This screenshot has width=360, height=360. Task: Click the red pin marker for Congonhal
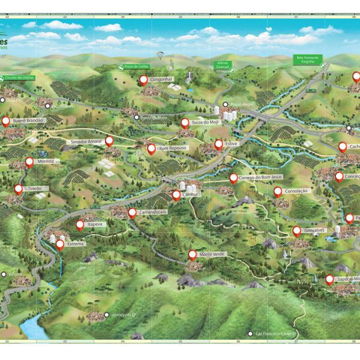click(143, 79)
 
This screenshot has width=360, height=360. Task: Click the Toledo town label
click(35, 188)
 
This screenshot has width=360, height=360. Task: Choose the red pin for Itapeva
click(80, 224)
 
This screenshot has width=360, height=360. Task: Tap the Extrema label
click(76, 244)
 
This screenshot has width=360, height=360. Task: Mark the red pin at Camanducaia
click(132, 212)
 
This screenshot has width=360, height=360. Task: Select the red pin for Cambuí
click(176, 194)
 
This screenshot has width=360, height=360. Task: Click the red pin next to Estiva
click(219, 144)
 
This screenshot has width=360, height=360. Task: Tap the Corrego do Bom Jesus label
click(260, 178)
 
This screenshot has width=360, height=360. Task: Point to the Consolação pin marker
click(278, 191)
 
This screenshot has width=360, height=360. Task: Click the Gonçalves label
click(313, 230)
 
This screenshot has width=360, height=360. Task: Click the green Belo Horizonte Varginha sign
click(309, 59)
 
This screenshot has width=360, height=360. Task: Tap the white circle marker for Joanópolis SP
click(107, 314)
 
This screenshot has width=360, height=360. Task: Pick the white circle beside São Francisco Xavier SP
click(250, 334)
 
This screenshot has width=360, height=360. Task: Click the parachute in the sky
click(160, 55)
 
